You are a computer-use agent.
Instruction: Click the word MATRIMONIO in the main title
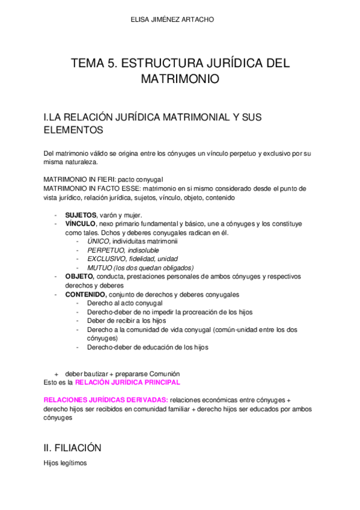coord(180,79)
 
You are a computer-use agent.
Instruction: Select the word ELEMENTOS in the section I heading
coord(74,129)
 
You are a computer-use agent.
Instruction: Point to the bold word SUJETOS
coord(81,215)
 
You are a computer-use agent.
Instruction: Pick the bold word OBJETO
coord(79,277)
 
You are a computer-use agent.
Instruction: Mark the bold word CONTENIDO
coord(85,295)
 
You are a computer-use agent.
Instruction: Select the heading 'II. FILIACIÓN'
coord(72,447)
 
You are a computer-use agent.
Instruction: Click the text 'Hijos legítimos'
coord(66,463)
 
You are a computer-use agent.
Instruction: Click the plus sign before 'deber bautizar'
coord(56,373)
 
